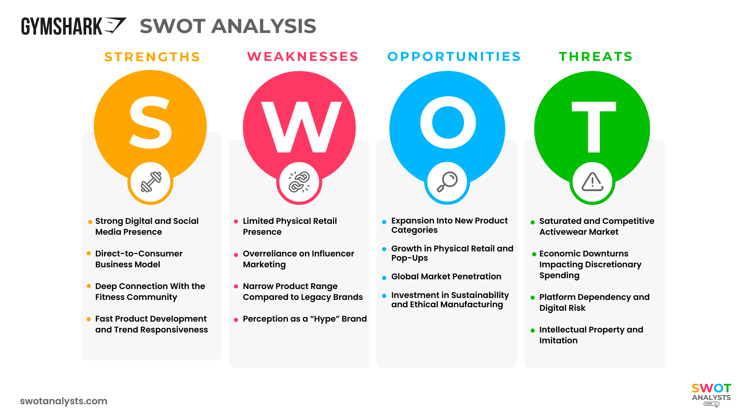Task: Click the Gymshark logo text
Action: click(62, 26)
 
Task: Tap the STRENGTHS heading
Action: click(152, 57)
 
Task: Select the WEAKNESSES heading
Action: click(303, 57)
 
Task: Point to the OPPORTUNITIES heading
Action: click(454, 57)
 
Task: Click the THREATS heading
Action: click(596, 57)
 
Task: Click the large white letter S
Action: click(150, 123)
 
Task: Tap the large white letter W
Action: click(301, 127)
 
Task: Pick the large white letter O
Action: click(448, 123)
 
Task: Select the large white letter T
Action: click(594, 127)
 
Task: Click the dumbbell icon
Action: click(151, 182)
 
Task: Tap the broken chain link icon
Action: click(299, 182)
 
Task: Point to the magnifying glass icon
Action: click(447, 182)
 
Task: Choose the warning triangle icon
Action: click(592, 182)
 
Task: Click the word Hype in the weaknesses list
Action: click(324, 319)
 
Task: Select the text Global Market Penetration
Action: click(446, 277)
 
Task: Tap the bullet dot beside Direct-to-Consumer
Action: click(89, 254)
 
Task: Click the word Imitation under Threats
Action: click(558, 341)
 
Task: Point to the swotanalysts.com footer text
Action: click(64, 401)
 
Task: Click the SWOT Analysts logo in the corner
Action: click(711, 394)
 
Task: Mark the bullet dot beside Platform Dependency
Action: click(533, 298)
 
